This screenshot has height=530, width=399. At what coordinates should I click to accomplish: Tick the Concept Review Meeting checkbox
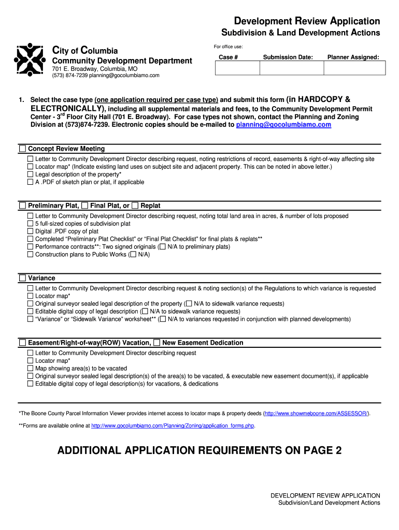pyautogui.click(x=22, y=149)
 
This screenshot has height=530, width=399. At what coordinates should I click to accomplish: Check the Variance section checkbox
pyautogui.click(x=22, y=278)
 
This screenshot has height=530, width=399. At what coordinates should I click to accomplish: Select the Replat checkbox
pyautogui.click(x=135, y=205)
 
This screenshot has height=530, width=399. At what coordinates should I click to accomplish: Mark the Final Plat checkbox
pyautogui.click(x=85, y=205)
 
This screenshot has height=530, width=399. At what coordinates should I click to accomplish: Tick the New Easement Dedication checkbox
pyautogui.click(x=157, y=343)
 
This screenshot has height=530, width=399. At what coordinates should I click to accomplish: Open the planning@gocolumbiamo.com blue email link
pyautogui.click(x=283, y=125)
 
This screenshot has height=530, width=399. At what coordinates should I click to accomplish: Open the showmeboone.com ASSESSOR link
pyautogui.click(x=317, y=414)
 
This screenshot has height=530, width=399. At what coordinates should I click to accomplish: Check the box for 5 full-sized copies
pyautogui.click(x=31, y=224)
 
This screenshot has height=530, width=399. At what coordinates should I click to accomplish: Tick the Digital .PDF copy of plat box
pyautogui.click(x=31, y=231)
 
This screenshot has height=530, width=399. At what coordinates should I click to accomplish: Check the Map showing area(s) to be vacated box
pyautogui.click(x=31, y=369)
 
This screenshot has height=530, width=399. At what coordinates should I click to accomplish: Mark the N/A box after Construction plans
pyautogui.click(x=133, y=255)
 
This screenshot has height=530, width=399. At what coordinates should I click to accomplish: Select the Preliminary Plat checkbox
pyautogui.click(x=22, y=205)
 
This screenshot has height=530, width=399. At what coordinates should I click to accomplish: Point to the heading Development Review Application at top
pyautogui.click(x=307, y=21)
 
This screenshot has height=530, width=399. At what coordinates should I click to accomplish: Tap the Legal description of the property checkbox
pyautogui.click(x=31, y=174)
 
